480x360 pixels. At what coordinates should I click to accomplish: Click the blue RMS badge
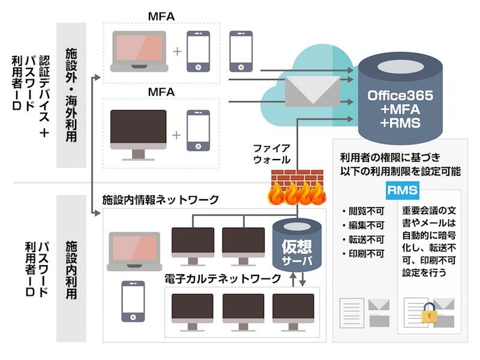(x=402, y=190)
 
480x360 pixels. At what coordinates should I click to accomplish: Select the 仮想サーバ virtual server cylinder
(x=297, y=245)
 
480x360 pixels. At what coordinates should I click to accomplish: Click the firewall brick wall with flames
(x=297, y=187)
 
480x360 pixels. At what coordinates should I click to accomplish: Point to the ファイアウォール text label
(x=272, y=154)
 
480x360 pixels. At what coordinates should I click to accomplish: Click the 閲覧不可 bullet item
(x=363, y=211)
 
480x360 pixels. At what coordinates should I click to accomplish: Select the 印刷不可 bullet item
(x=363, y=254)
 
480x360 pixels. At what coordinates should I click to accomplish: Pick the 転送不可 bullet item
(x=363, y=239)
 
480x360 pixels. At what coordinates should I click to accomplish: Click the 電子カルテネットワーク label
(x=223, y=278)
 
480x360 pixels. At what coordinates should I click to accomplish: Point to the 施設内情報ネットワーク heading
(x=160, y=200)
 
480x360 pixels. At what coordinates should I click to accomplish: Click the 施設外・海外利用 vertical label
(x=71, y=95)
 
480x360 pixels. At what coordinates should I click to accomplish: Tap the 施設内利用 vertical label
(x=71, y=269)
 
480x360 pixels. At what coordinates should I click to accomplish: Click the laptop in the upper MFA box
(x=139, y=52)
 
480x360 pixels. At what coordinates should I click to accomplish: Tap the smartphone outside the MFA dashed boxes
(x=241, y=51)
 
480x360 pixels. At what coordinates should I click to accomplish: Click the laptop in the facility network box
(x=134, y=251)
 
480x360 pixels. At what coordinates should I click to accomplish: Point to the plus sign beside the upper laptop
(x=177, y=52)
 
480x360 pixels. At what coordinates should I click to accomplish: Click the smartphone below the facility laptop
(x=133, y=301)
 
